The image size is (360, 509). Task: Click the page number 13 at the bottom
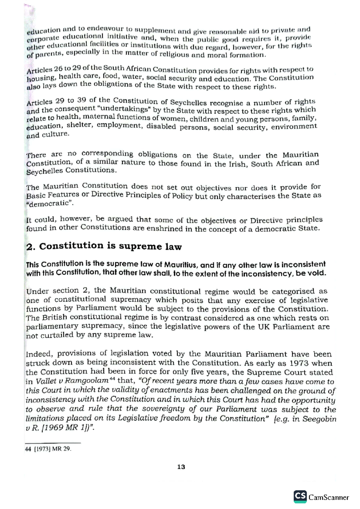[x=181, y=467]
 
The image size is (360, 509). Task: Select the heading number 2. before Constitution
[x=31, y=247]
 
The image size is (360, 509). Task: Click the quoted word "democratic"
[x=49, y=203]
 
